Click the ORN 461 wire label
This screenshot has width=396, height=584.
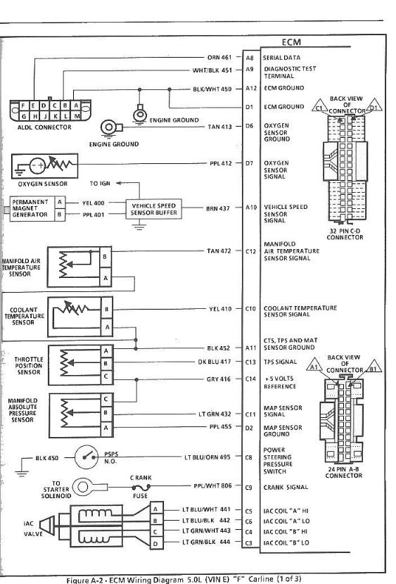point(219,58)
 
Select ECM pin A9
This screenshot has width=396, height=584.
point(250,69)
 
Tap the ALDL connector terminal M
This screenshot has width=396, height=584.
point(76,116)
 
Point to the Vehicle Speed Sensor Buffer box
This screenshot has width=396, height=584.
point(153,209)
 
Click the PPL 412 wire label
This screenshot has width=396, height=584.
point(220,163)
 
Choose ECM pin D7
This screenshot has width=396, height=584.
point(250,163)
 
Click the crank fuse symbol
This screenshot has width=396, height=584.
point(141,487)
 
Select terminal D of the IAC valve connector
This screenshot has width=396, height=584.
point(156,543)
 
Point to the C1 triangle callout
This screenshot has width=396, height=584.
point(319,106)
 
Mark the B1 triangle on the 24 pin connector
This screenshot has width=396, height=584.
point(373,367)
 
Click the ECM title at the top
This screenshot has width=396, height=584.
point(291,42)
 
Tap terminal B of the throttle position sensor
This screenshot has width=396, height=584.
point(106,364)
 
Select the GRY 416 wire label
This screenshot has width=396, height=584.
point(219,379)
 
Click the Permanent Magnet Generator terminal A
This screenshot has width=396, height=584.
point(60,203)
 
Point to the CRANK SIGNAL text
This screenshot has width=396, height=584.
point(286,487)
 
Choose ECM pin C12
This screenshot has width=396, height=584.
point(250,251)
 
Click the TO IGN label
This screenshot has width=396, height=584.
point(100,183)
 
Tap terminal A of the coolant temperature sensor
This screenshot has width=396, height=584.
point(107,327)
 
